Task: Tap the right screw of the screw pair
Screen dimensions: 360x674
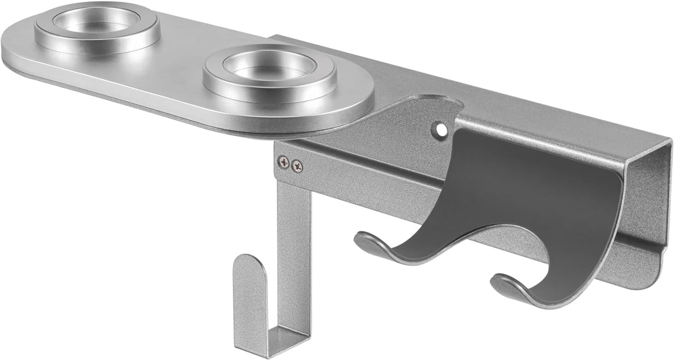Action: click(x=297, y=166)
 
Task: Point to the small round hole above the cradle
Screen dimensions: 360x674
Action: click(x=442, y=130)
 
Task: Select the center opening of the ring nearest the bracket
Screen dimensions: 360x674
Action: click(x=270, y=65)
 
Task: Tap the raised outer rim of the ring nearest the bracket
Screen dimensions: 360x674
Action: click(x=215, y=81)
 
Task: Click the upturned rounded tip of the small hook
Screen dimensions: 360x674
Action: click(x=249, y=265)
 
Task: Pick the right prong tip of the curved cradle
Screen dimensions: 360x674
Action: click(x=502, y=284)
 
